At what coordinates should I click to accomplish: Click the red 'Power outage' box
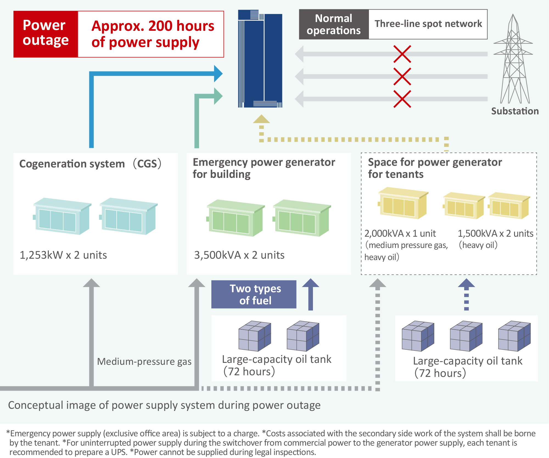point(46,34)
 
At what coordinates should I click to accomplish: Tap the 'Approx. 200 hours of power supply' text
point(153,34)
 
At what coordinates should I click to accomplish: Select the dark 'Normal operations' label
point(334,24)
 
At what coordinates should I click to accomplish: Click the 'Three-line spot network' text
point(428,24)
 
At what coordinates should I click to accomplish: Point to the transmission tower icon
point(513,59)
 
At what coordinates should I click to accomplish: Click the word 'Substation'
point(515,111)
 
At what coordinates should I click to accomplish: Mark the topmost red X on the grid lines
point(402,54)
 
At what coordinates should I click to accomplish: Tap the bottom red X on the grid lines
point(402,99)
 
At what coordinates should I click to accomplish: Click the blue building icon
point(260,59)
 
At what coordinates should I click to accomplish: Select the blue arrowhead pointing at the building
point(218,73)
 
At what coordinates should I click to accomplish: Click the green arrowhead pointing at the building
point(218,96)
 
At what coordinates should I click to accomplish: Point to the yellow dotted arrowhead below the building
point(261,119)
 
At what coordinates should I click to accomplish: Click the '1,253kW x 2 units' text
point(63,255)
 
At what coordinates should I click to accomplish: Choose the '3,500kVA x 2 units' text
point(239,255)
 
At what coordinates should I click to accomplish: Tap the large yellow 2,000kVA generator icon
point(403,203)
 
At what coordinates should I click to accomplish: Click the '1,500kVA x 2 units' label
point(495,233)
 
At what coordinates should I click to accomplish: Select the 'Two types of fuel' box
point(254,294)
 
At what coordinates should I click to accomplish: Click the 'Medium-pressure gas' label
point(144,362)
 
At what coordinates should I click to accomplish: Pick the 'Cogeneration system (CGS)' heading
point(90,164)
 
